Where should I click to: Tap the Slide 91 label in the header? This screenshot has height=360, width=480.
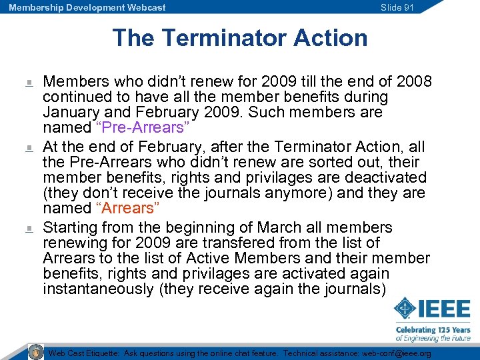click(x=397, y=7)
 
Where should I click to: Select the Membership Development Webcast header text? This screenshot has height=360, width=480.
click(x=87, y=7)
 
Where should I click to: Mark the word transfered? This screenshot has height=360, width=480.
click(x=202, y=243)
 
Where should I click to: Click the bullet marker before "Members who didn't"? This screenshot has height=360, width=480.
click(x=29, y=83)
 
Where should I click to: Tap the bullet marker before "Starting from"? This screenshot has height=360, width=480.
click(x=29, y=229)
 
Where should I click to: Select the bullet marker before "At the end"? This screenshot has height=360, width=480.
click(x=29, y=147)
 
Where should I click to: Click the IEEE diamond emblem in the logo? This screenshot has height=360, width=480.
click(x=405, y=309)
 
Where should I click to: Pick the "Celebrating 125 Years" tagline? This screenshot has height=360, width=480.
click(x=433, y=329)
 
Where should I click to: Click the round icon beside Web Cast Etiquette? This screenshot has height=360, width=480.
click(x=36, y=352)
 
